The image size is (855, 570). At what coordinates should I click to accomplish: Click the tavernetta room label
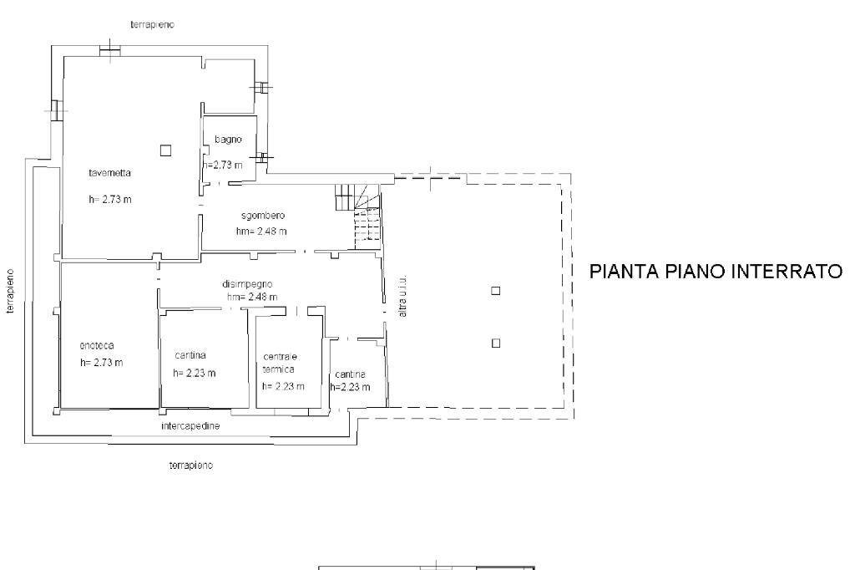110,173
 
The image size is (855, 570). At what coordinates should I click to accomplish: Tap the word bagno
228,140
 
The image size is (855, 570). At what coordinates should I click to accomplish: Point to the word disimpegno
248,283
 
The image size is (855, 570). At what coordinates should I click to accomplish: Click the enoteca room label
97,345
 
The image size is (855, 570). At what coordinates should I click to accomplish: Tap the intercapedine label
190,426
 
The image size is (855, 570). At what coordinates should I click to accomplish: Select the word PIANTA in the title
619,272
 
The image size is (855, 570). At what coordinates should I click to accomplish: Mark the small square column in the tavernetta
165,150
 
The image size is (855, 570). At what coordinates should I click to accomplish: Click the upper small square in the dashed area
495,291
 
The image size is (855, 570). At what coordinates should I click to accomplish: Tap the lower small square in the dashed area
495,342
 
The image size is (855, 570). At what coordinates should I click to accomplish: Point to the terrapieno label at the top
151,24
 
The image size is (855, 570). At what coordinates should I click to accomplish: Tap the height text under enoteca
102,363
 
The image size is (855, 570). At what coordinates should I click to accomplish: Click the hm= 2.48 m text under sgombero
261,231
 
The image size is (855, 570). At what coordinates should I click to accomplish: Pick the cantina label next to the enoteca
190,354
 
